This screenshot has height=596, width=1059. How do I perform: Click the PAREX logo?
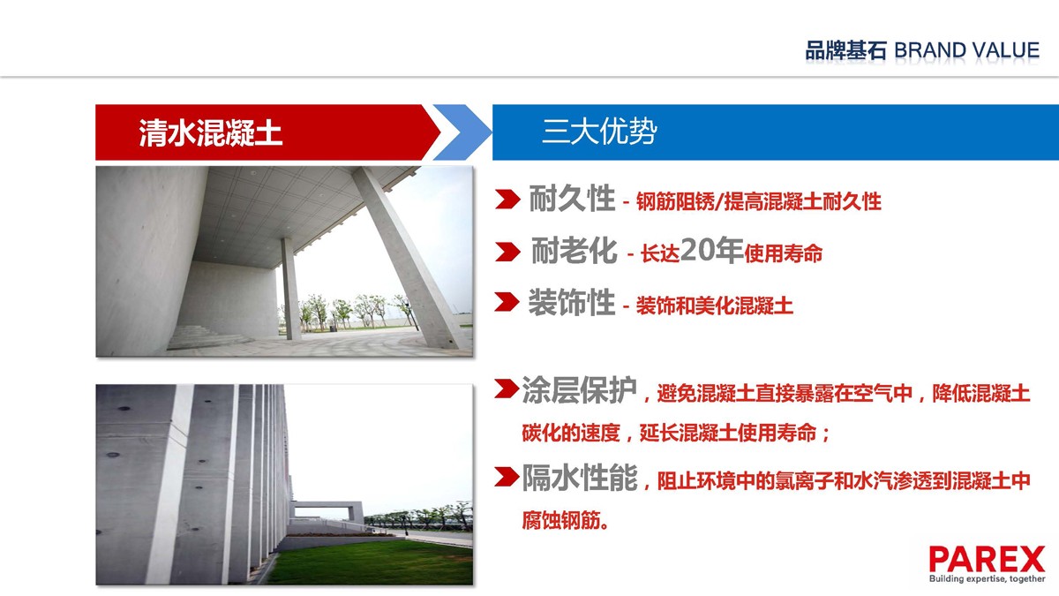click(x=987, y=560)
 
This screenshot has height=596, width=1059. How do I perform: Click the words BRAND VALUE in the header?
click(x=967, y=50)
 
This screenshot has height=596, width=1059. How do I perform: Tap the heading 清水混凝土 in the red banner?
click(x=211, y=132)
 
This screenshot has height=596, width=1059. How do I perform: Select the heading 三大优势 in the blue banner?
click(x=599, y=131)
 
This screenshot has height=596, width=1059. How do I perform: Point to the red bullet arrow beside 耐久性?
click(x=507, y=200)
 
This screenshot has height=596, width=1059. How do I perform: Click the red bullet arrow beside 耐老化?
click(x=507, y=253)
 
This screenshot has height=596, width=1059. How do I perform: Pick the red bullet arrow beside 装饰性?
click(x=507, y=302)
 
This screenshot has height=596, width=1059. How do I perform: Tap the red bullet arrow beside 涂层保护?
click(x=507, y=389)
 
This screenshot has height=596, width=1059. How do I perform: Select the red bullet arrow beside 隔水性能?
click(x=507, y=476)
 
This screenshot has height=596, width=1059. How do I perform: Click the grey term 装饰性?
click(x=572, y=302)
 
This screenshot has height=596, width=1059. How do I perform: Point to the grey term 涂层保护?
click(x=579, y=390)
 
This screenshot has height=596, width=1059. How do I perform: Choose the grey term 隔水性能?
click(x=580, y=478)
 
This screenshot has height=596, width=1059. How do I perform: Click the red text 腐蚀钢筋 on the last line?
click(x=561, y=520)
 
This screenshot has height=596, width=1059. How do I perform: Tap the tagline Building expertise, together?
click(x=988, y=578)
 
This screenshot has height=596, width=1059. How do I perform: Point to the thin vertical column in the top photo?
click(x=290, y=289)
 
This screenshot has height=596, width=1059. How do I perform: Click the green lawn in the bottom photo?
click(x=373, y=563)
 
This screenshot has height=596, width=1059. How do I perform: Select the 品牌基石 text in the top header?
click(x=845, y=50)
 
